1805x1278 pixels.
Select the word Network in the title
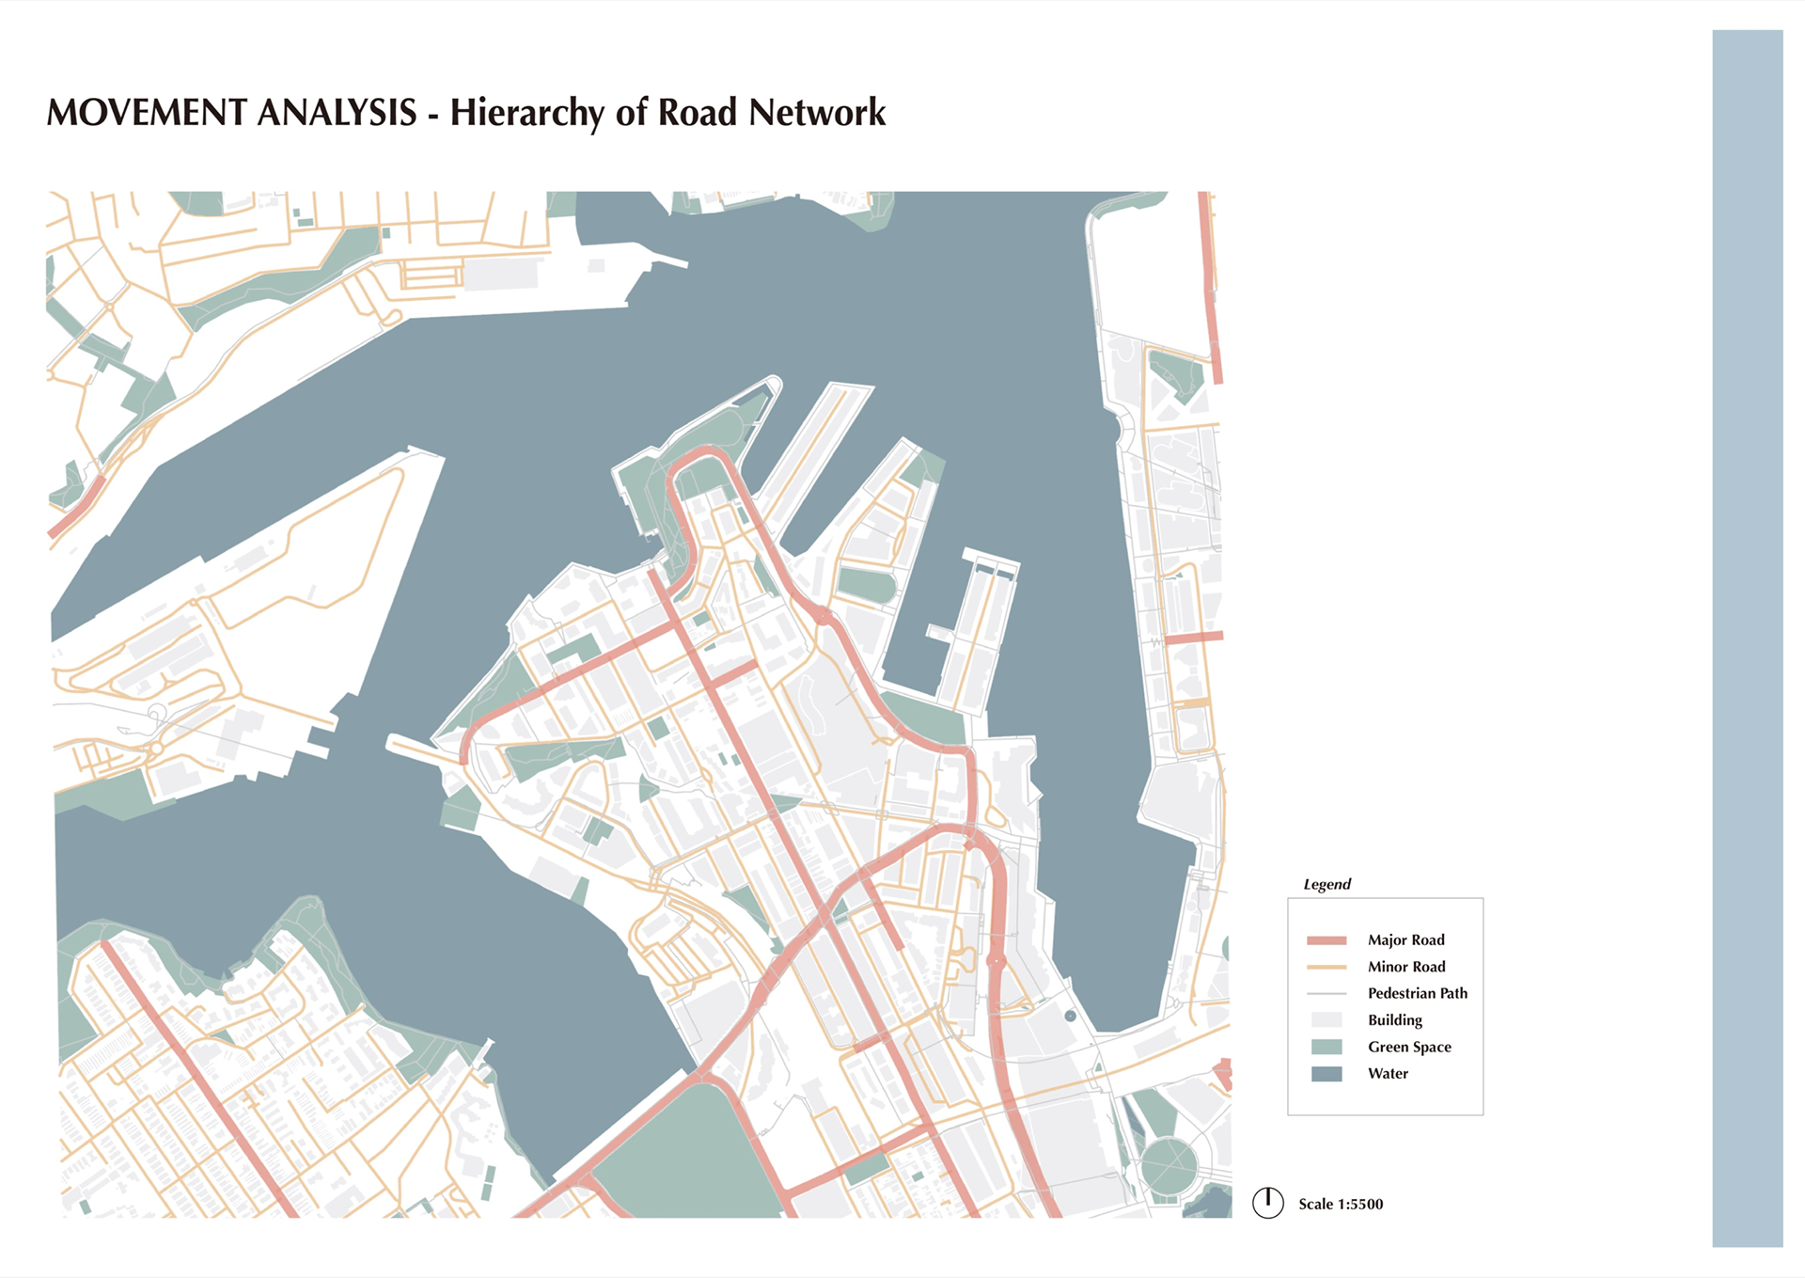[x=817, y=113]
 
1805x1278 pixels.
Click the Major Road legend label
[x=1405, y=939]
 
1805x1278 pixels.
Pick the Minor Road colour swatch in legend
[x=1326, y=967]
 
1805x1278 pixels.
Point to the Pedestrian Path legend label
[x=1417, y=993]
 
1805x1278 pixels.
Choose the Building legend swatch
[x=1326, y=1019]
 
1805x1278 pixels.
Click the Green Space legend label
[x=1409, y=1047]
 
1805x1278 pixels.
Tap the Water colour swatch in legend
[x=1326, y=1073]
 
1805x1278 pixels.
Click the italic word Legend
[x=1326, y=884]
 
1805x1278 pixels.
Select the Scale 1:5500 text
[x=1340, y=1204]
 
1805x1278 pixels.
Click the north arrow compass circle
[x=1267, y=1202]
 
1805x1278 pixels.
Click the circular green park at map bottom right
[x=1169, y=1166]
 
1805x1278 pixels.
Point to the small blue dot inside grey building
[x=1070, y=1016]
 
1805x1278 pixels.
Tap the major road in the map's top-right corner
[x=1210, y=282]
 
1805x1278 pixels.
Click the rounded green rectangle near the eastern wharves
[x=866, y=585]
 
